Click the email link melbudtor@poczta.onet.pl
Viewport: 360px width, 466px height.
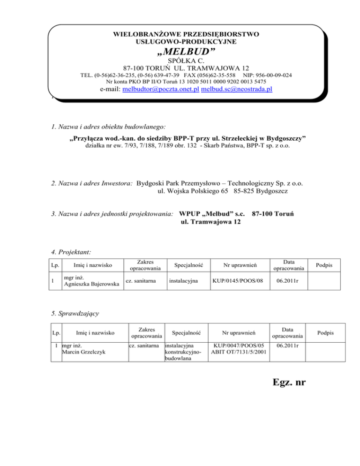click(x=160, y=90)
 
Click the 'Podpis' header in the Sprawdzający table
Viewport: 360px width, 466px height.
click(x=324, y=333)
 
